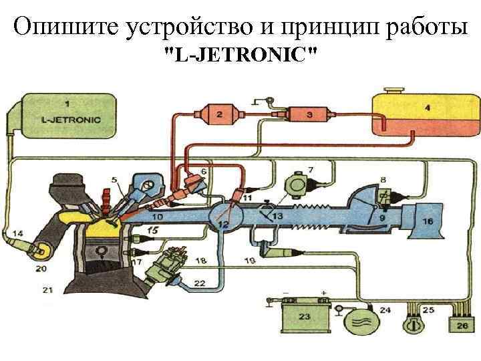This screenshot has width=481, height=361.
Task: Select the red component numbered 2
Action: [219, 114]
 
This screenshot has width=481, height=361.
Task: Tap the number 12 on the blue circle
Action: [222, 225]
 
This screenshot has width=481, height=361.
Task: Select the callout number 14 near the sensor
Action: [17, 233]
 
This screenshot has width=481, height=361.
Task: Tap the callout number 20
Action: [41, 269]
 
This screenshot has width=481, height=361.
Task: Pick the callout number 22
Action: [199, 283]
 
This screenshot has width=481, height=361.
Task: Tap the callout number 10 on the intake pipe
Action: [157, 217]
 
